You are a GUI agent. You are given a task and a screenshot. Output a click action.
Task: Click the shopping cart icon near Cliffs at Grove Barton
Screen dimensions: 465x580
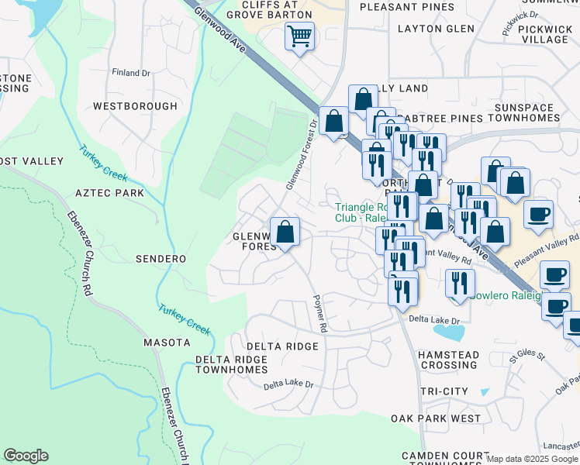click(x=299, y=36)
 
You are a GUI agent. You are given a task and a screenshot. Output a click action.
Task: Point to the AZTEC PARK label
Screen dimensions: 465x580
click(x=110, y=191)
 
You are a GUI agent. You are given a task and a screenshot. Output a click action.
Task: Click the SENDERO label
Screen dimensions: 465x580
click(x=161, y=258)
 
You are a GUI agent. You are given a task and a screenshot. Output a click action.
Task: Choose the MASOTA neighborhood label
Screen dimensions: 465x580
click(x=167, y=342)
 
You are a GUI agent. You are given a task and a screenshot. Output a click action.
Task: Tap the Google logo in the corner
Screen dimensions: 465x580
click(x=26, y=456)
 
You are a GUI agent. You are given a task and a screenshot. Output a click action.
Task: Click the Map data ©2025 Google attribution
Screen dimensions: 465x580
click(x=532, y=459)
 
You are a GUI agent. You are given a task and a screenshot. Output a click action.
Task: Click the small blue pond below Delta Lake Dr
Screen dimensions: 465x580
click(x=450, y=332)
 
